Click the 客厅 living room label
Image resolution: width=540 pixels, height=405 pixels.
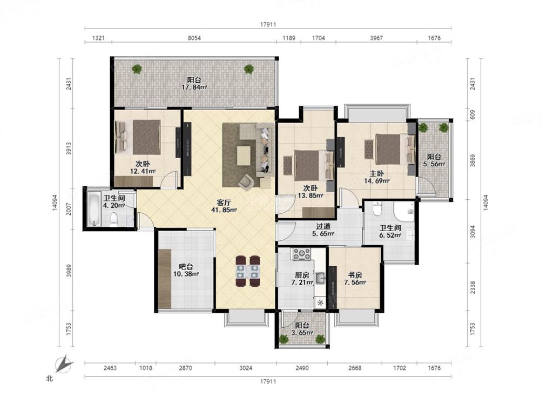pos(224,202)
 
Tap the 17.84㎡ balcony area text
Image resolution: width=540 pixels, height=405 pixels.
pos(194,87)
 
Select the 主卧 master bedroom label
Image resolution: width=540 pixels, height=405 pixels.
pos(377,173)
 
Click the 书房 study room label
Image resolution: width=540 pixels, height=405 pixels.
pos(355,275)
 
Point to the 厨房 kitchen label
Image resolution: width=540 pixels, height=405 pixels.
pos(302,275)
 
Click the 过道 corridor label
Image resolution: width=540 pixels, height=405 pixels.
pos(323,226)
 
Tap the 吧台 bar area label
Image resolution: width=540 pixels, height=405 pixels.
pos(186,267)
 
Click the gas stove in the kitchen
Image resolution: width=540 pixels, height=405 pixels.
pos(302,254)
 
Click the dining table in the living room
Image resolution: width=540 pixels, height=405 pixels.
pos(248,271)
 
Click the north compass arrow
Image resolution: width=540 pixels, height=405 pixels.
pos(64,364)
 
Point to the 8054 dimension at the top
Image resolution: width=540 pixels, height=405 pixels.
pos(194,38)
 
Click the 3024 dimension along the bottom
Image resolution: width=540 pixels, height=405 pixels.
pos(246,368)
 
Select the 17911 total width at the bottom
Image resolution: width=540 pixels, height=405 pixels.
pos(268,381)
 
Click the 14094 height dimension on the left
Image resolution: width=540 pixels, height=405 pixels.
pos(55,202)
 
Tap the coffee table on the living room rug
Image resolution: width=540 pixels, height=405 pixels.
pos(244,156)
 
